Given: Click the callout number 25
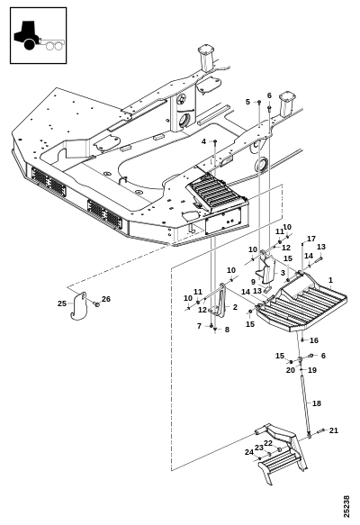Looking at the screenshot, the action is (x=62, y=303).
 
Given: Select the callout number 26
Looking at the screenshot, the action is (x=106, y=299).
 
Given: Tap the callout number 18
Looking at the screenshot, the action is (x=317, y=403).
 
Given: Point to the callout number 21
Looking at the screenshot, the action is (x=334, y=430).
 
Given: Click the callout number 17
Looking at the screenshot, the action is (x=311, y=239).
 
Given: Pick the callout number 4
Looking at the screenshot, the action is (x=203, y=141).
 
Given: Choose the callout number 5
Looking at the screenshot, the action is (x=247, y=102).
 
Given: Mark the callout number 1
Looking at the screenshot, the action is (x=330, y=280).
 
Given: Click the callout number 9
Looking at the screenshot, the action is (x=253, y=282).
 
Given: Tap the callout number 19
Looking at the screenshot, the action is (x=312, y=370).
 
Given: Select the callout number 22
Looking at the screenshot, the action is (x=268, y=443).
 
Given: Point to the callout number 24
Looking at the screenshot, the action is (x=249, y=452).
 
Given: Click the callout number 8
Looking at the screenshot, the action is (x=227, y=330).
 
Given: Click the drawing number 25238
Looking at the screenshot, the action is (x=346, y=506).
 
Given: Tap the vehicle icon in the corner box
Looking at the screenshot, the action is (x=39, y=36).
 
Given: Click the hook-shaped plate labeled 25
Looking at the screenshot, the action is (x=79, y=306).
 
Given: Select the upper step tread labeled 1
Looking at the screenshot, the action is (x=301, y=303).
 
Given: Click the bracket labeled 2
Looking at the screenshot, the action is (x=220, y=300).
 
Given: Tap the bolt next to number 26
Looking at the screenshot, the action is (x=96, y=304).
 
